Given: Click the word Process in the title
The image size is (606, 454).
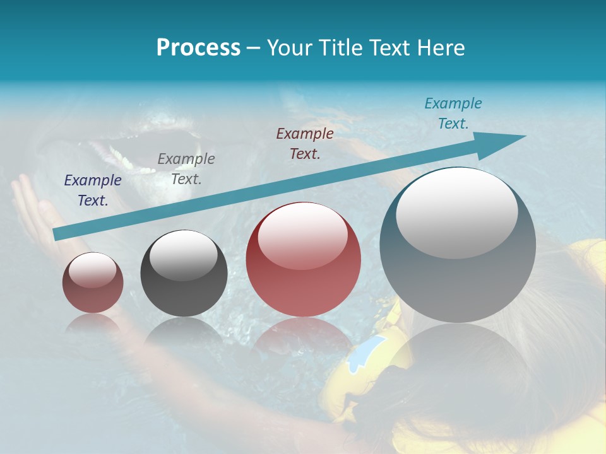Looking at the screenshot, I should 198,47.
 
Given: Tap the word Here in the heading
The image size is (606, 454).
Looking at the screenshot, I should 441,47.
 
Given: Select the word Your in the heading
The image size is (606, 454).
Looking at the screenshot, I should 290,47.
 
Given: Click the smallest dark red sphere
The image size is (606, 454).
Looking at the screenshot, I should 93,282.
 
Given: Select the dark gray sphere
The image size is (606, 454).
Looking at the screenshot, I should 184,274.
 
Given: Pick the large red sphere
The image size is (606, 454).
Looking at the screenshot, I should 303,260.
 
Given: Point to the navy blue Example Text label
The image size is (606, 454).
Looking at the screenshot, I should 92,190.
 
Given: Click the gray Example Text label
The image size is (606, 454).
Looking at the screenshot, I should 186,169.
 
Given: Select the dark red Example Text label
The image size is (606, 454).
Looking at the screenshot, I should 305,143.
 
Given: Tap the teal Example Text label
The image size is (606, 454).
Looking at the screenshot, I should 453,113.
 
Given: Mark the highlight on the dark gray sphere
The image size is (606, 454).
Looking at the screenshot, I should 183,255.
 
